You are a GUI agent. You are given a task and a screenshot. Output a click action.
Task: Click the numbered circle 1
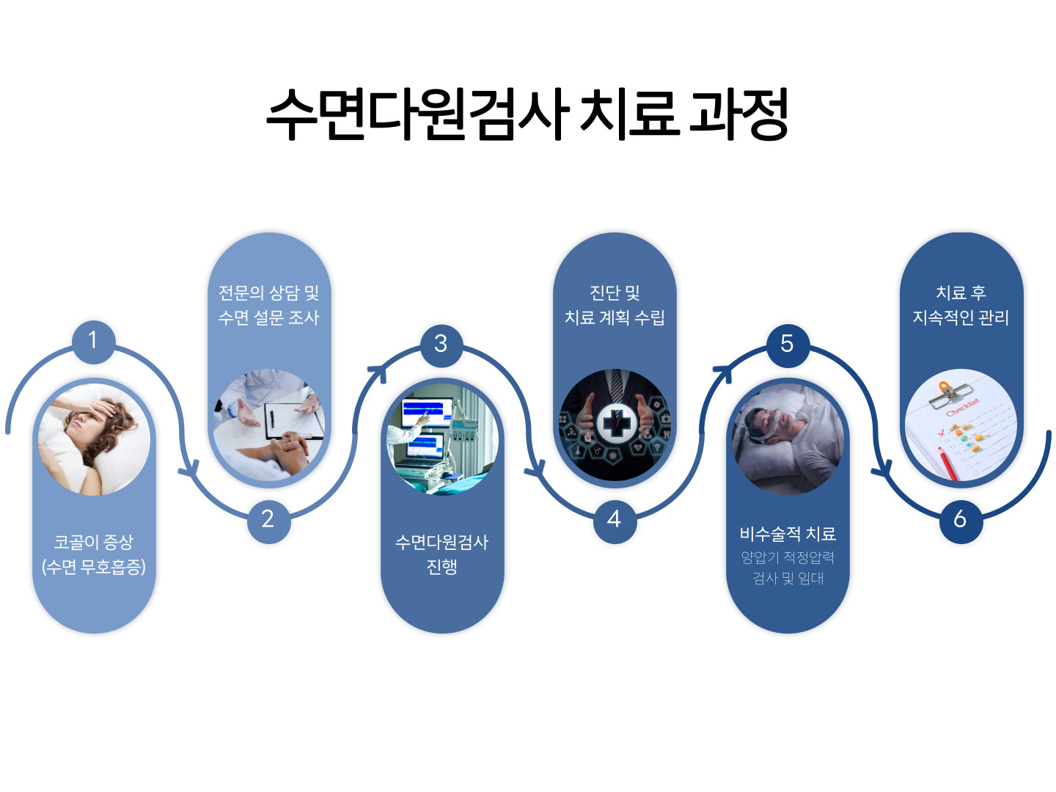(93, 341)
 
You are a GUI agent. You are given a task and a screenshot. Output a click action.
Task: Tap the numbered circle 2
(268, 520)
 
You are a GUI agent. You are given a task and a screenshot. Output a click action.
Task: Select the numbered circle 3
(441, 344)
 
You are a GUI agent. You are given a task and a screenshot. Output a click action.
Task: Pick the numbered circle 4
(614, 520)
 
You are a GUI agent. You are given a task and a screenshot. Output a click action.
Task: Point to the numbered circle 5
(787, 344)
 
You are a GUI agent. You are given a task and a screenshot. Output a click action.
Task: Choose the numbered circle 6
(960, 520)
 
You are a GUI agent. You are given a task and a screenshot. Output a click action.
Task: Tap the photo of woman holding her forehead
(94, 439)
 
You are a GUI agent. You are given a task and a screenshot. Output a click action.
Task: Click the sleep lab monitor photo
(442, 439)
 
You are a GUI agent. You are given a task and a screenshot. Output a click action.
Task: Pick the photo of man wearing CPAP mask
(788, 439)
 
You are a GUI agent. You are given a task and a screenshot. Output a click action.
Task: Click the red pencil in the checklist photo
(947, 463)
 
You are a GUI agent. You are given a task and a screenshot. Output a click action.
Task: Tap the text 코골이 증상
(94, 542)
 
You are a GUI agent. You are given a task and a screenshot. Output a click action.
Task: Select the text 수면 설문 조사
(268, 318)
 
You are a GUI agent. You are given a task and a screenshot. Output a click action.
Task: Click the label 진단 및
(615, 293)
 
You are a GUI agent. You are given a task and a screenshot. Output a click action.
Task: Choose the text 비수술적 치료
(788, 533)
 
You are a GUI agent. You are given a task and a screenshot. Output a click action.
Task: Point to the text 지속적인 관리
(961, 318)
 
